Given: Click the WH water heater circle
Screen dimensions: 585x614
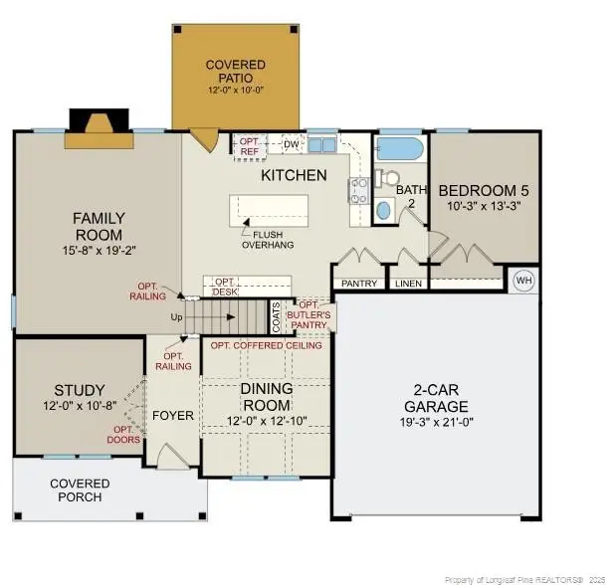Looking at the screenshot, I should point(523,282).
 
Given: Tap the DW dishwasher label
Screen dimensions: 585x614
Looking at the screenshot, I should point(292,144).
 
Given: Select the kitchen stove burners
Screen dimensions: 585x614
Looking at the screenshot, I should point(358,189).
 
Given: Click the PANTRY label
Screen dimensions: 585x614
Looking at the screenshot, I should point(359,284).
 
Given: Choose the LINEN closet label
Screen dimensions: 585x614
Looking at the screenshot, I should point(408,284).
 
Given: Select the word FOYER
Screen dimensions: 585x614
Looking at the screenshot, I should point(172,415).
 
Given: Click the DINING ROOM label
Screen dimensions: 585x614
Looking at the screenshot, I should point(267,398).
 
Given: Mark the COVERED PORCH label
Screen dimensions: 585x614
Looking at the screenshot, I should point(81,490).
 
